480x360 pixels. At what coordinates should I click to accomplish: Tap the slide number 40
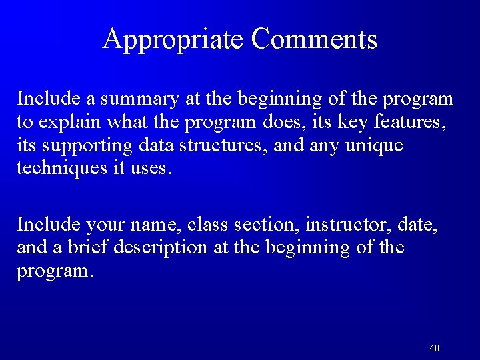point(435,348)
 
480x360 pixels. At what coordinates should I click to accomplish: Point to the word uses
point(150,169)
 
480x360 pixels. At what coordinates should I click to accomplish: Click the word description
point(161,247)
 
